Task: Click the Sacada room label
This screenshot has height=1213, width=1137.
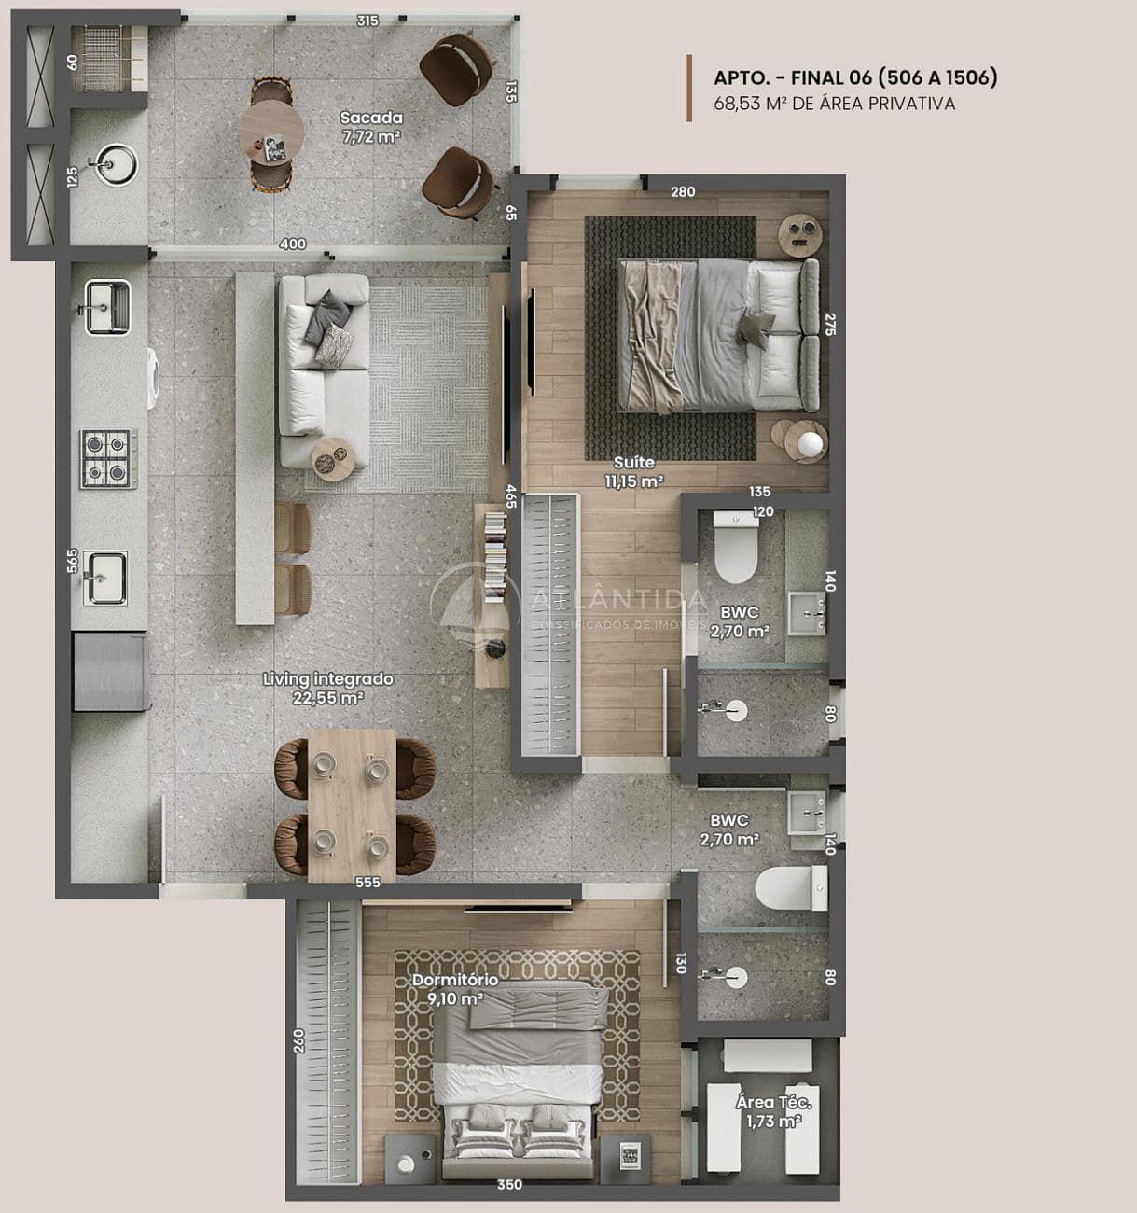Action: [x=371, y=118]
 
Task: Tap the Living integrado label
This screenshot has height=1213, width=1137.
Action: [x=328, y=678]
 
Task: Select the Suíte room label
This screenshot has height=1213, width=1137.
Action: [x=634, y=463]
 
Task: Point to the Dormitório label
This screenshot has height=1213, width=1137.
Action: [x=455, y=979]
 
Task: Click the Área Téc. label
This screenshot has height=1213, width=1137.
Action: [x=773, y=1102]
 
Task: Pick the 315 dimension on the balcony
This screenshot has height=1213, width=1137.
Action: [x=367, y=21]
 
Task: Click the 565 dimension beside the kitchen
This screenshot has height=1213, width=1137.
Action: [x=72, y=560]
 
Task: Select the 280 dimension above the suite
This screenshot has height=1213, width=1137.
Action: [x=683, y=192]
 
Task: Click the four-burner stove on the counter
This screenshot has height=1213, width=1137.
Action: [x=108, y=458]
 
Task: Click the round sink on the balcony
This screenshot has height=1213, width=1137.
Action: [x=116, y=163]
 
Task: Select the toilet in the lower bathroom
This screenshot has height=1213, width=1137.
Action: [x=791, y=887]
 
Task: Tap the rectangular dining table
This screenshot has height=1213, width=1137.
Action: [x=352, y=805]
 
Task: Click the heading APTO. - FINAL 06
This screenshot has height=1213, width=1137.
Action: [x=855, y=77]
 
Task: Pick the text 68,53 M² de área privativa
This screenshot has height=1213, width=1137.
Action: [x=834, y=104]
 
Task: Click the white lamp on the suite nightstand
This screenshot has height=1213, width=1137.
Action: [x=811, y=443]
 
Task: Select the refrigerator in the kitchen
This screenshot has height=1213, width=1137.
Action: [x=110, y=672]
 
